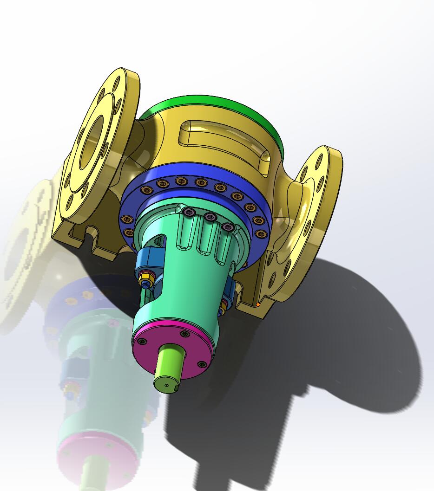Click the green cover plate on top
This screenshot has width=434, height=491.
tap(209, 104)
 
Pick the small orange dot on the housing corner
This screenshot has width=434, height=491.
tap(258, 305)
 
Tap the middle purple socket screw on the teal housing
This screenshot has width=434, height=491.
tap(210, 217)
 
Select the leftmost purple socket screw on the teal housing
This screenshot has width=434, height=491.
tap(189, 212)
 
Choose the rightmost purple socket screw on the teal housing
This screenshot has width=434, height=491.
tap(228, 227)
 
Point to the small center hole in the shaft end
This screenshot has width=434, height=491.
tap(167, 385)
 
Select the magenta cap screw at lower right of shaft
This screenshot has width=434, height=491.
tap(202, 364)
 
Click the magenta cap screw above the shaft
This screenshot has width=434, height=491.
tap(185, 334)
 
